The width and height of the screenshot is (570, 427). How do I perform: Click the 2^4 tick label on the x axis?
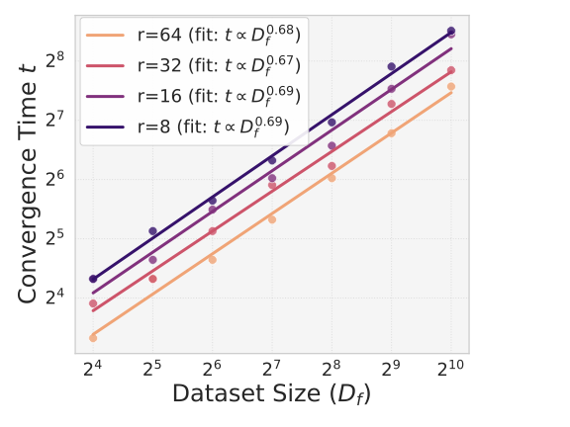pyautogui.click(x=92, y=369)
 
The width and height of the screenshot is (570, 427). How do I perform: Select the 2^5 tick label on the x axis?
pyautogui.click(x=152, y=369)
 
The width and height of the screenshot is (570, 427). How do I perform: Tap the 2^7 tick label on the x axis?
pyautogui.click(x=271, y=369)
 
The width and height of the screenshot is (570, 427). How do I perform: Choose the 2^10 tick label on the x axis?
pyautogui.click(x=451, y=369)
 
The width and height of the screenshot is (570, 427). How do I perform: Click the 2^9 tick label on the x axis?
pyautogui.click(x=391, y=369)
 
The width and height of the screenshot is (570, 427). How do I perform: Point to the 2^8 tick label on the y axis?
pyautogui.click(x=56, y=58)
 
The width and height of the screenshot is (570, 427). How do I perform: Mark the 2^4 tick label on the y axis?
pyautogui.click(x=56, y=297)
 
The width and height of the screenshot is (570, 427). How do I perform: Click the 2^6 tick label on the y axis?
pyautogui.click(x=56, y=177)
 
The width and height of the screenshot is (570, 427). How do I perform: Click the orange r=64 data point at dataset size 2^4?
pyautogui.click(x=93, y=338)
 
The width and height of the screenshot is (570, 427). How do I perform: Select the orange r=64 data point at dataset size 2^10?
pyautogui.click(x=451, y=87)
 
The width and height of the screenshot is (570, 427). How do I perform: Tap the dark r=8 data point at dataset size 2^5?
pyautogui.click(x=152, y=231)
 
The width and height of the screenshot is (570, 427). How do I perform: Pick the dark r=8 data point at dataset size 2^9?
pyautogui.click(x=391, y=66)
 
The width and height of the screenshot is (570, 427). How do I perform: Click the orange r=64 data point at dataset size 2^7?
pyautogui.click(x=272, y=219)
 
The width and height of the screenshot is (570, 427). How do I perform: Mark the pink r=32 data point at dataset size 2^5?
pyautogui.click(x=152, y=279)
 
